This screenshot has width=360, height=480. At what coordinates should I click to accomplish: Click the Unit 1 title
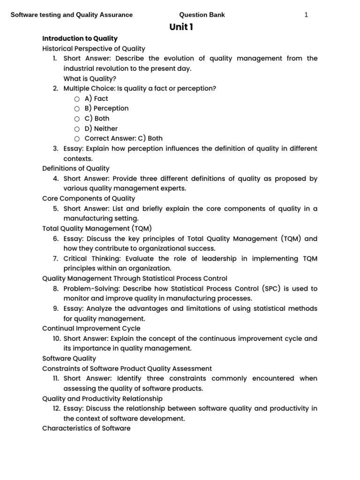pos(181,27)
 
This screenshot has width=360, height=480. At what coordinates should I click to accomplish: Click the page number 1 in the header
pos(306,15)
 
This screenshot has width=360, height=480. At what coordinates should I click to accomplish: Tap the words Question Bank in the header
pos(202,15)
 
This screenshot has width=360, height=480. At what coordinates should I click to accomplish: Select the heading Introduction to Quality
pos(80,38)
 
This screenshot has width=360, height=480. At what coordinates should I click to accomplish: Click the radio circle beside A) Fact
pos(77,99)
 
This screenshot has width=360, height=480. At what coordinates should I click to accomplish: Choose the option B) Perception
pos(106,108)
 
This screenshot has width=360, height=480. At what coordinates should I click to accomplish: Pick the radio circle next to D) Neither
pos(77,129)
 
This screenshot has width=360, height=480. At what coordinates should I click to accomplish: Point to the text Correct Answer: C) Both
pos(123,138)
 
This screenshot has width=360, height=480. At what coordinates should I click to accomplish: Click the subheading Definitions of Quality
pos(75,168)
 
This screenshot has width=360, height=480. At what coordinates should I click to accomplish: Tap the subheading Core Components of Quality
pos(88,198)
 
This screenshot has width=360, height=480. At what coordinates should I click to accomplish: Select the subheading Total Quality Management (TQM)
pos(97,228)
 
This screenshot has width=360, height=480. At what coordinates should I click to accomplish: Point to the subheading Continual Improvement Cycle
pos(91,329)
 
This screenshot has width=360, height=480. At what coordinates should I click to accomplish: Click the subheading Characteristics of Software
pos(86,428)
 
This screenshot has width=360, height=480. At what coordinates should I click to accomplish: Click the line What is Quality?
pos(90,78)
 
